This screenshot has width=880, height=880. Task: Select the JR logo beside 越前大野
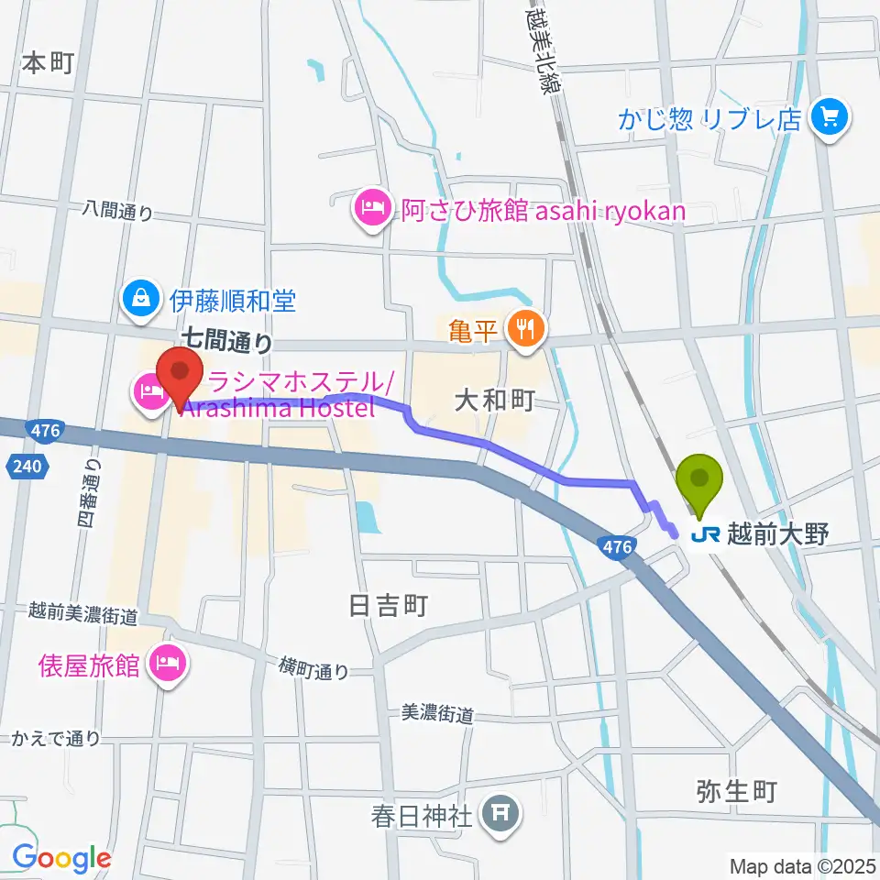pyautogui.click(x=707, y=534)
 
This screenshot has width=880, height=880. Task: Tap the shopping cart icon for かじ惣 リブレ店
pyautogui.click(x=830, y=117)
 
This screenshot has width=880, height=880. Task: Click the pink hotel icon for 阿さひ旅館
pyautogui.click(x=371, y=210)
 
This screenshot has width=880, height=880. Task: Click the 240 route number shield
pyautogui.click(x=28, y=467)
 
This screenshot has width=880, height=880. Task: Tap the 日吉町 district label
pyautogui.click(x=389, y=606)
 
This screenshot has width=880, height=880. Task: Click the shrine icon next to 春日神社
pyautogui.click(x=500, y=813)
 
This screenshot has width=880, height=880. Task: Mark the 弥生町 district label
pyautogui.click(x=737, y=789)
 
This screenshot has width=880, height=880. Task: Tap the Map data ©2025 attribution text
pyautogui.click(x=802, y=865)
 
